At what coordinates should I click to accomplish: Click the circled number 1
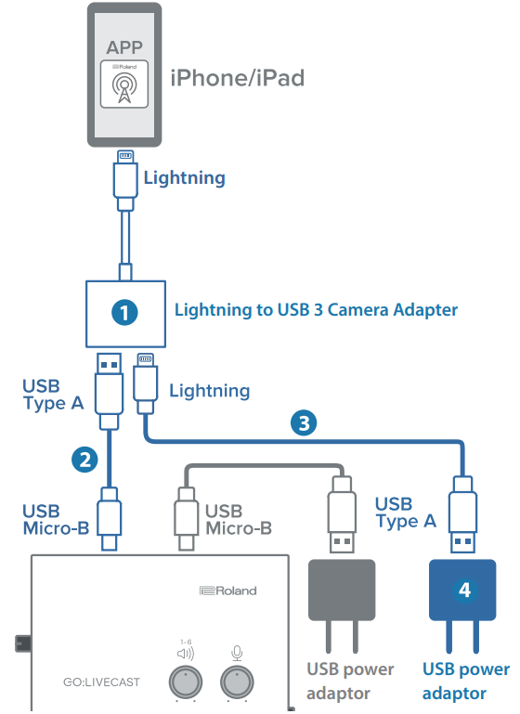tap(124, 312)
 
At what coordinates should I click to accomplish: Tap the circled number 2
tap(84, 460)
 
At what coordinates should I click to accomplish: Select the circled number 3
tap(304, 422)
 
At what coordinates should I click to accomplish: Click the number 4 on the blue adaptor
tap(464, 591)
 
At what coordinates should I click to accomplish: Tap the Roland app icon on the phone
tap(124, 84)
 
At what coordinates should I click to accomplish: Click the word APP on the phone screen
tap(124, 47)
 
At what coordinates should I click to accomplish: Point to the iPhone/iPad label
tap(237, 78)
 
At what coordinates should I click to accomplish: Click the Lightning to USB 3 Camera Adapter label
tap(316, 309)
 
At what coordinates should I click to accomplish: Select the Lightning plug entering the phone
tap(125, 180)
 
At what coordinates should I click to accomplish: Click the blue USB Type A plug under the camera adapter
tap(109, 392)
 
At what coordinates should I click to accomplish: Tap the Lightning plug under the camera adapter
tap(145, 383)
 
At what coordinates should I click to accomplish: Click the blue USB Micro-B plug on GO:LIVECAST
tap(110, 519)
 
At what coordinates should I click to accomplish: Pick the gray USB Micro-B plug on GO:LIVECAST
tap(187, 519)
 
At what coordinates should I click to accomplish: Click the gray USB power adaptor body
tap(342, 591)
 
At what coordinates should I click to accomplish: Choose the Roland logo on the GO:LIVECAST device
tap(228, 591)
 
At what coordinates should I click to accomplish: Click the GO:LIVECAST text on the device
tap(101, 682)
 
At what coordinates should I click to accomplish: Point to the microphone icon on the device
tap(237, 654)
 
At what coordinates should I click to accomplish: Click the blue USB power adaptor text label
tap(466, 682)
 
